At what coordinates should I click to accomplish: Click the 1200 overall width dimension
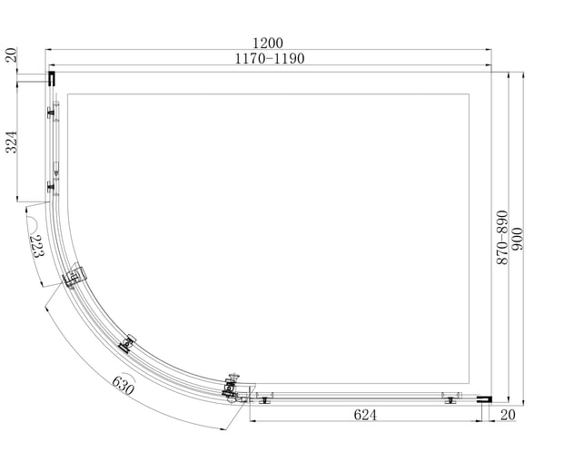268,44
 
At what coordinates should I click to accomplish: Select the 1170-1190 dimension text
270,58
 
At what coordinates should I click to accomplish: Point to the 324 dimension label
12,142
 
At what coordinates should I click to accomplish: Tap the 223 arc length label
36,246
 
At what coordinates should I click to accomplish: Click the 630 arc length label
124,386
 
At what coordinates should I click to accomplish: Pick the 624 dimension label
365,415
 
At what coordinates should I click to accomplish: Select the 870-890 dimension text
502,237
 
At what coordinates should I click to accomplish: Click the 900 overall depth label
518,239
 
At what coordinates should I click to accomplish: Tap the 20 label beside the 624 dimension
508,415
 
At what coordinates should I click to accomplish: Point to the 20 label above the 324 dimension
12,55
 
